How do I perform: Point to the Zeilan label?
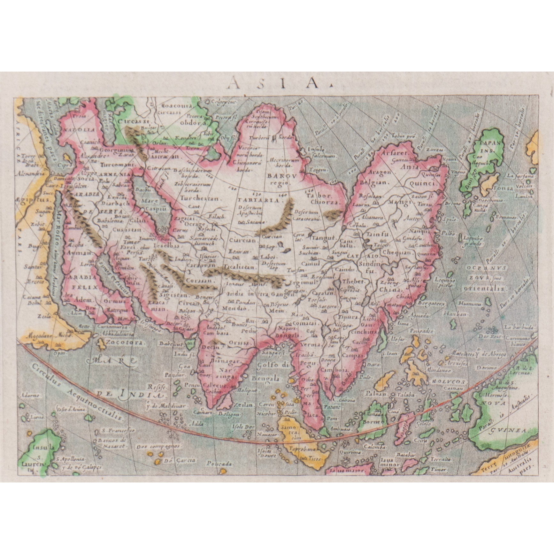click(244, 404)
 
